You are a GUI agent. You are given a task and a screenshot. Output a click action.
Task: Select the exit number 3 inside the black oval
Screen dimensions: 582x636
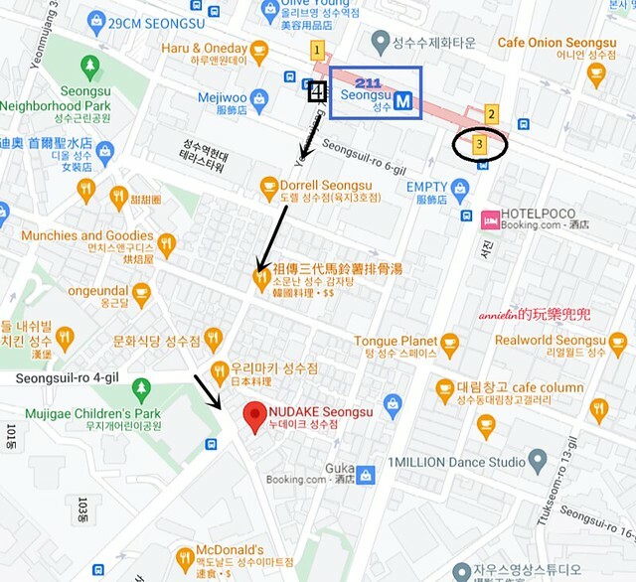point(480,145)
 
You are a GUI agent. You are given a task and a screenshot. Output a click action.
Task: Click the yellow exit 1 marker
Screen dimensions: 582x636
point(317,49)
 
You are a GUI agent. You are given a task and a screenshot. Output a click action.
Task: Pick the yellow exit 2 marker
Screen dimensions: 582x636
point(490,115)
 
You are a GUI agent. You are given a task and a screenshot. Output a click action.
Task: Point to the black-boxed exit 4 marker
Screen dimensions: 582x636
point(317,93)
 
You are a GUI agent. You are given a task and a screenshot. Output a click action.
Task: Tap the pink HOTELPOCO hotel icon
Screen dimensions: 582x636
point(490,218)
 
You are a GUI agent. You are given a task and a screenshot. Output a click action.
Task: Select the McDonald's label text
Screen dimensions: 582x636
point(231,549)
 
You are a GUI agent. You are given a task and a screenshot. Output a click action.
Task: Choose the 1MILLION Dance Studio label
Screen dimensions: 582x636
point(456,462)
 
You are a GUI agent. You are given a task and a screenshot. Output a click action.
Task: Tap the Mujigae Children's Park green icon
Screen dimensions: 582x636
point(141,389)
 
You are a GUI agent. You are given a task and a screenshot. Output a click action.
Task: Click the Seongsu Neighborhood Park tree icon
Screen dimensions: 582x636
point(90,67)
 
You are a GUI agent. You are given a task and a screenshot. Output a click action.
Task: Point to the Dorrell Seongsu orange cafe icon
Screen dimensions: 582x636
point(268,185)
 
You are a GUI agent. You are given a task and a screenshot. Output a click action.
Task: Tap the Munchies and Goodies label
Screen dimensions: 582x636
point(88,235)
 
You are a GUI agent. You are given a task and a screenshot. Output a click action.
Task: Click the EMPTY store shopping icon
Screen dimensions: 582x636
point(459,188)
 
